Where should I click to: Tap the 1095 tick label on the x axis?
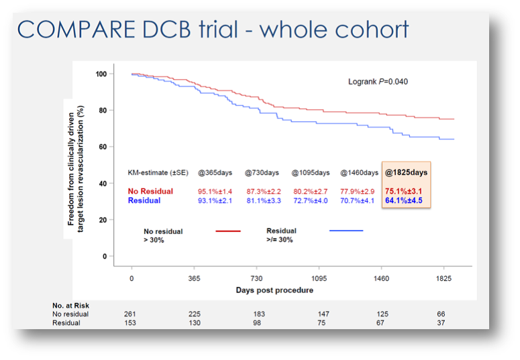pos(319,278)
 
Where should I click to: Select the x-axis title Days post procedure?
pos(274,290)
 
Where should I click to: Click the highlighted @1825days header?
pos(407,172)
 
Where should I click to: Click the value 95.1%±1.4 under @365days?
pos(215,191)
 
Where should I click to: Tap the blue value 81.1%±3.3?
pos(264,200)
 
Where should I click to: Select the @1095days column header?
pos(311,172)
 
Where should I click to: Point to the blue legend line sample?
pos(346,231)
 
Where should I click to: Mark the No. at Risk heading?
pos(71,306)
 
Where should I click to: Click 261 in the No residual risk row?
pos(131,314)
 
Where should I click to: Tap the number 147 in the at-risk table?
pos(324,314)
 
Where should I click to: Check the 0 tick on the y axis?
pos(104,256)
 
